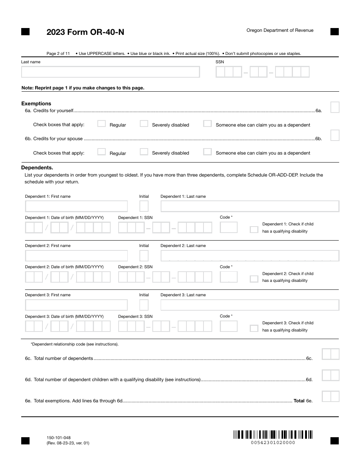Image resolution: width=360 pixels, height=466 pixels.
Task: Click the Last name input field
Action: pyautogui.click(x=110, y=72)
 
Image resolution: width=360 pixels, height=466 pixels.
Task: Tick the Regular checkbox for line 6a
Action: pyautogui.click(x=102, y=124)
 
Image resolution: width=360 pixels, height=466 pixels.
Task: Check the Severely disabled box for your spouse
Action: pyautogui.click(x=144, y=152)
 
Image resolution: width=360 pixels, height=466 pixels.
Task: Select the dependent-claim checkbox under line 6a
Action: pyautogui.click(x=207, y=124)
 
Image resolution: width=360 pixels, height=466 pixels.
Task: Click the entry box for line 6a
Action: pyautogui.click(x=335, y=107)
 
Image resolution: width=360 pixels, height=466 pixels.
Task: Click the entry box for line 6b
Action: pyautogui.click(x=335, y=135)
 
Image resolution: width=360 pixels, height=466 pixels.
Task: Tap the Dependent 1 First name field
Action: pyautogui.click(x=77, y=206)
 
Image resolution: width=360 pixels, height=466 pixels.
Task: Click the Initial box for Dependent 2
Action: pyautogui.click(x=144, y=256)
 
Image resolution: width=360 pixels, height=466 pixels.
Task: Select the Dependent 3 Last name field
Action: pyautogui.click(x=250, y=305)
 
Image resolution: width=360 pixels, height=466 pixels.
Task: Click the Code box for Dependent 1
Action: pyautogui.click(x=229, y=227)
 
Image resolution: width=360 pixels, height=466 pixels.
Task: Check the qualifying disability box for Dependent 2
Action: pyautogui.click(x=254, y=279)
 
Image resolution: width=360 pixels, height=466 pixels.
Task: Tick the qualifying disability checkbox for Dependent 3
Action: pyautogui.click(x=254, y=328)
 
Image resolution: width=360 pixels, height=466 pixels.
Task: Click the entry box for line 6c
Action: pyautogui.click(x=330, y=354)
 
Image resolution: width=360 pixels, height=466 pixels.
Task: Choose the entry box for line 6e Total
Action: pyautogui.click(x=330, y=397)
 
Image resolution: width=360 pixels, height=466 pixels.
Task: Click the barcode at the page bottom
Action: pyautogui.click(x=273, y=435)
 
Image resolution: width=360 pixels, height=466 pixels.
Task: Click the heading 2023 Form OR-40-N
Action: pyautogui.click(x=85, y=32)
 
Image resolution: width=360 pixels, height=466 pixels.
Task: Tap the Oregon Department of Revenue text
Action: pyautogui.click(x=280, y=30)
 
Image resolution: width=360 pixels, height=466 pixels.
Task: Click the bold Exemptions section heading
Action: pyautogui.click(x=36, y=103)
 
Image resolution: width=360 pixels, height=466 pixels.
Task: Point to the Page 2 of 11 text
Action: pyautogui.click(x=58, y=53)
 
